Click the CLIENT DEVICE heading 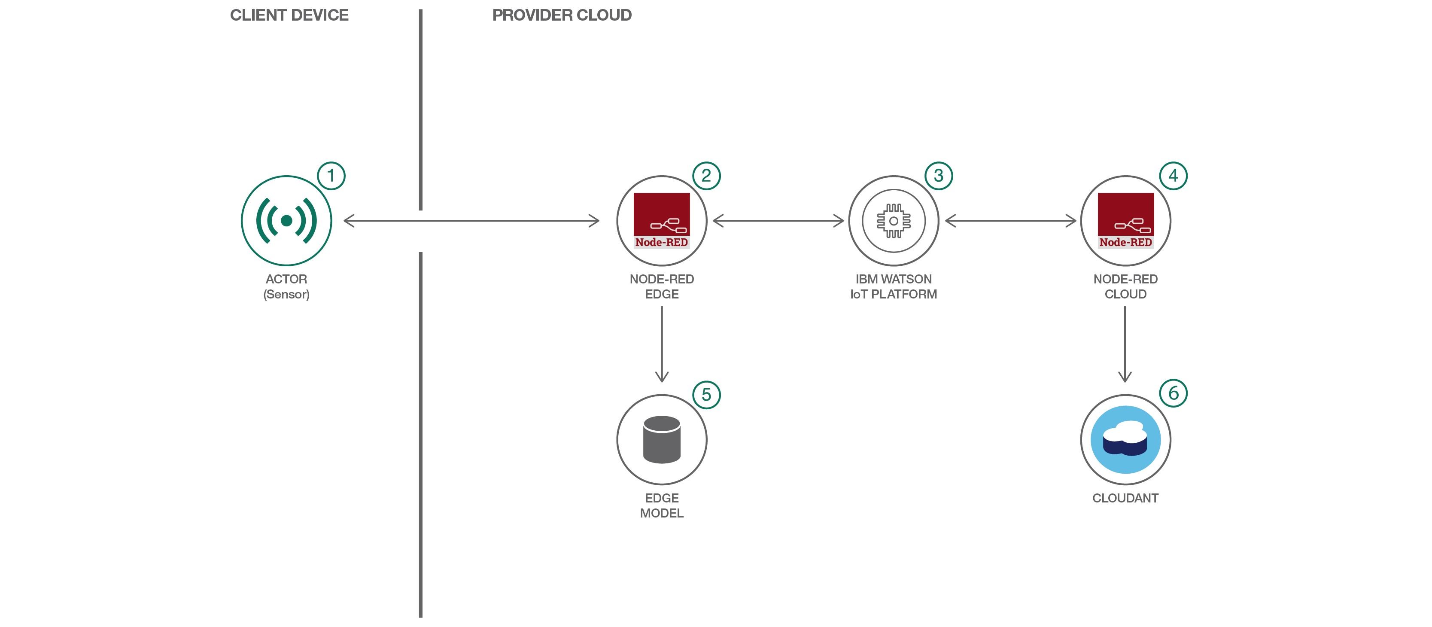coord(289,15)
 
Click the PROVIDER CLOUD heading coord(562,15)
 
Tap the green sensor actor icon coord(286,221)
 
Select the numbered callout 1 coord(331,176)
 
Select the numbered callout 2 coord(706,176)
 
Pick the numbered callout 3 coord(938,176)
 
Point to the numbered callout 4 coord(1173,176)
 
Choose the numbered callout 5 coord(706,395)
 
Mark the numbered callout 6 coord(1173,393)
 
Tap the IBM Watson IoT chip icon coord(893,221)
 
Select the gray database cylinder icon coord(662,439)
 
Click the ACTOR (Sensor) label coord(286,286)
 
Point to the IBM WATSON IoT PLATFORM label coord(893,286)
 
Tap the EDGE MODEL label coord(662,505)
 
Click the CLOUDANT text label coord(1125,498)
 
